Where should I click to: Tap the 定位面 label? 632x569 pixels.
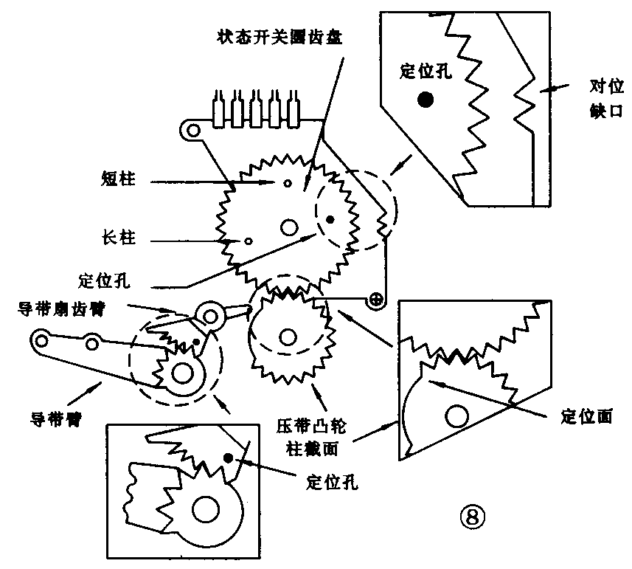pos(586,416)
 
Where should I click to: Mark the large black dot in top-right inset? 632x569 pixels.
pos(425,99)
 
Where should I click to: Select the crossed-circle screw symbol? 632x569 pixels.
pos(377,299)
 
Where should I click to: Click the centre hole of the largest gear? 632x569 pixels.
pos(288,227)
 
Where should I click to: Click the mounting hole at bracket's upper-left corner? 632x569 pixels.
pos(192,131)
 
